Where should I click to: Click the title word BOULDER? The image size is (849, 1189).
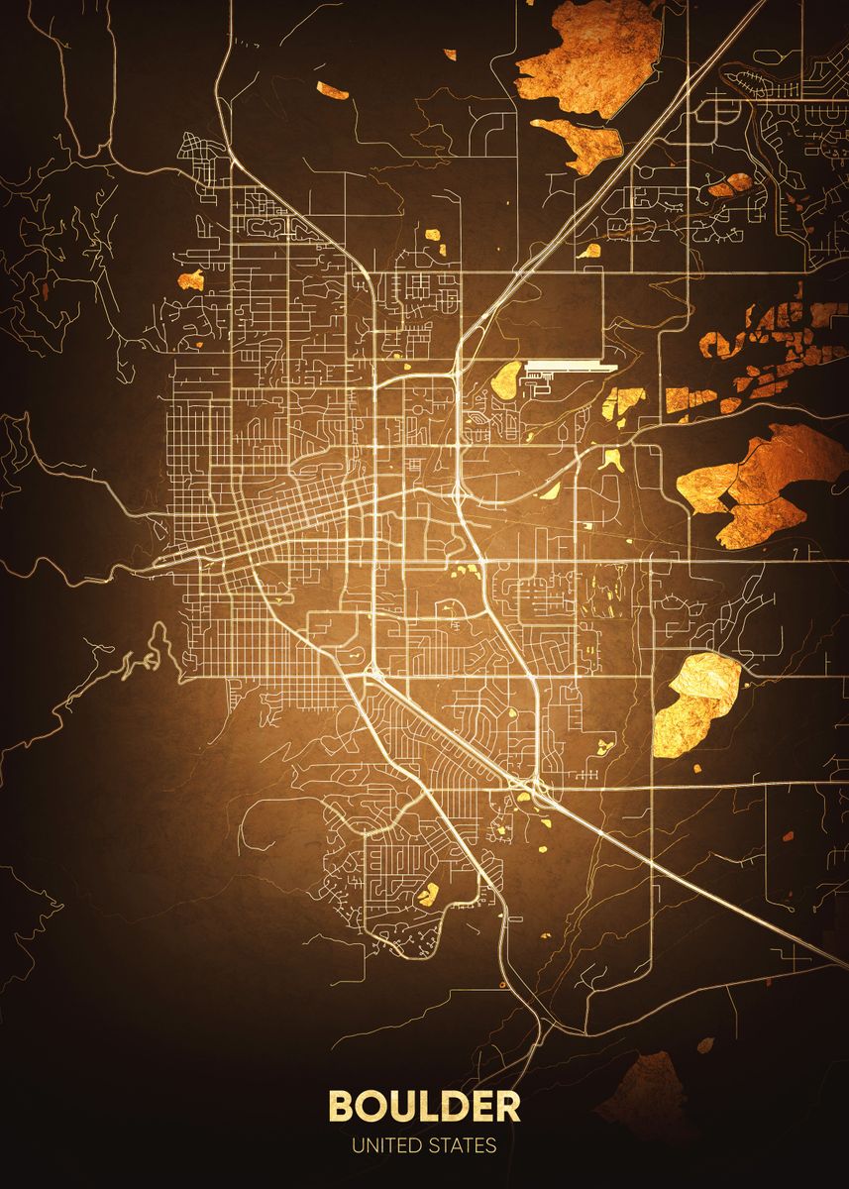pos(424,1106)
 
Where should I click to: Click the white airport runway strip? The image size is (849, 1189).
pos(571,366)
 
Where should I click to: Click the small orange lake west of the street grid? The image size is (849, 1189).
pos(191,279)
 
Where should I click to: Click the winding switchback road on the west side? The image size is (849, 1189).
pos(149,659)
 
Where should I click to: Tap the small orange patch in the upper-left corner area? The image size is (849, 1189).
pos(333,91)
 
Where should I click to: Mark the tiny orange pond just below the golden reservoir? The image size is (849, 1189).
pos(696,769)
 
